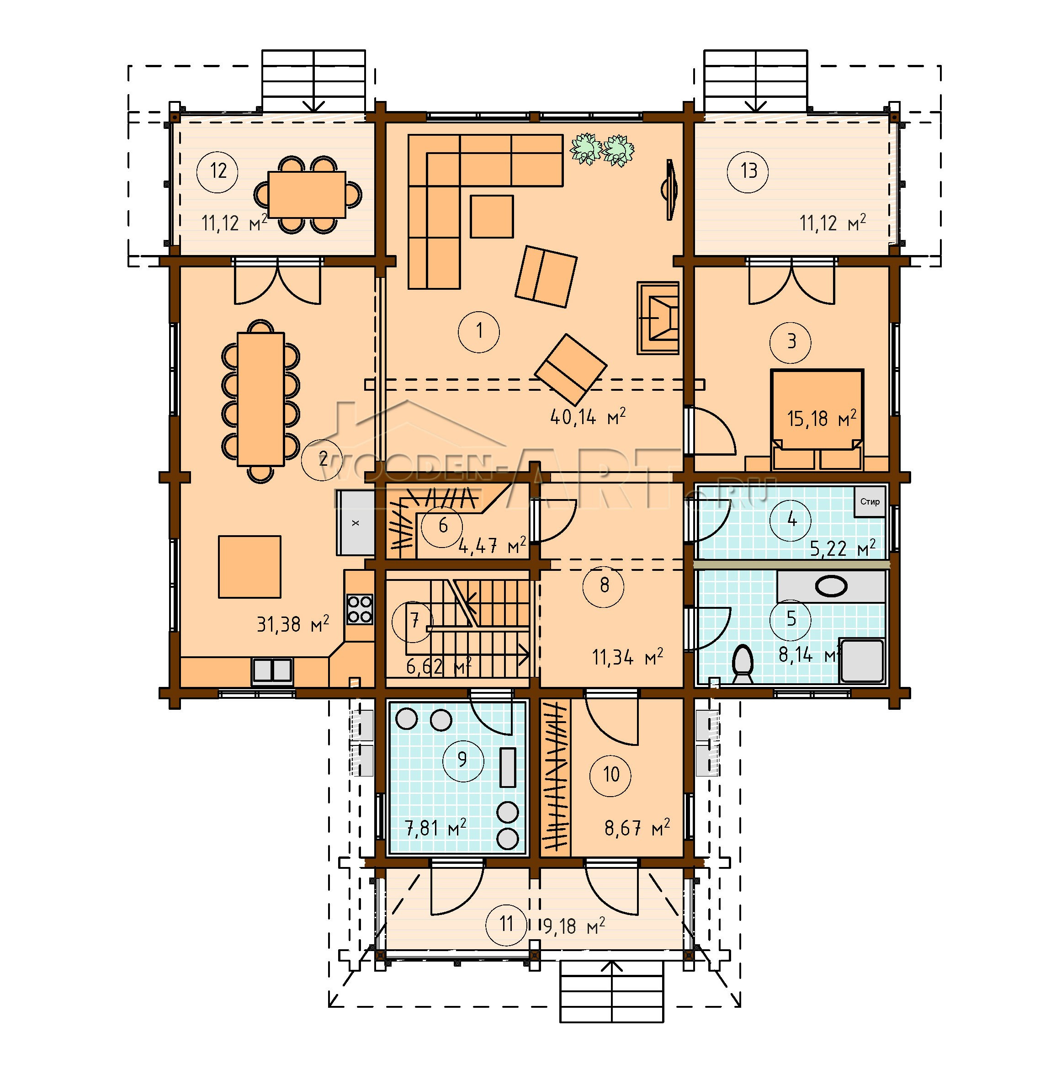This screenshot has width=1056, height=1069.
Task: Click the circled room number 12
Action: pyautogui.click(x=218, y=171)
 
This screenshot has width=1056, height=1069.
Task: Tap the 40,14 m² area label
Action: pyautogui.click(x=588, y=416)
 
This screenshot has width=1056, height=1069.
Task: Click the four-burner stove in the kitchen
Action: pyautogui.click(x=359, y=609)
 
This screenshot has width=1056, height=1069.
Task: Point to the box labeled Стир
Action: pyautogui.click(x=870, y=502)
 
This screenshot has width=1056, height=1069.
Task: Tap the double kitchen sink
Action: pyautogui.click(x=272, y=671)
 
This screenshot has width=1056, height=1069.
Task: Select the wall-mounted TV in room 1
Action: pyautogui.click(x=670, y=190)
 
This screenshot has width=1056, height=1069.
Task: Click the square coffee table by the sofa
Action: pyautogui.click(x=491, y=216)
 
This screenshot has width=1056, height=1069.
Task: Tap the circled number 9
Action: pyautogui.click(x=462, y=760)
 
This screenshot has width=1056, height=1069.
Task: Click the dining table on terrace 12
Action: pyautogui.click(x=307, y=194)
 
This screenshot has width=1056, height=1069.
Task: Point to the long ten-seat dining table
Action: pyautogui.click(x=260, y=399)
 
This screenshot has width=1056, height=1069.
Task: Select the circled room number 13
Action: pyautogui.click(x=748, y=171)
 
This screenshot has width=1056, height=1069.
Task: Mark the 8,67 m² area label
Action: pyautogui.click(x=637, y=828)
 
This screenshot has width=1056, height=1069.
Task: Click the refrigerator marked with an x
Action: pyautogui.click(x=355, y=522)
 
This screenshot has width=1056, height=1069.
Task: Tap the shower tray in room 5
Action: pyautogui.click(x=862, y=660)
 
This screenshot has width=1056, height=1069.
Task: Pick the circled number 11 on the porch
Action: pyautogui.click(x=506, y=924)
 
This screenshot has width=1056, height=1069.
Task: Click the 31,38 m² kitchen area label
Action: pyautogui.click(x=292, y=624)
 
